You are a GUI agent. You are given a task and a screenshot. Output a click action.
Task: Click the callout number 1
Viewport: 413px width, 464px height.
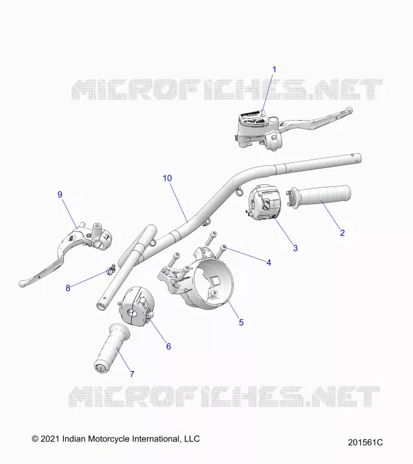point(274,70)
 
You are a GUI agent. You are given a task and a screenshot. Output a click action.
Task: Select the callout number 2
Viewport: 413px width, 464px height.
point(342,233)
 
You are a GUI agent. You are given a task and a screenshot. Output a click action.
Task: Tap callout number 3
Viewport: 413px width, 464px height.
point(295,248)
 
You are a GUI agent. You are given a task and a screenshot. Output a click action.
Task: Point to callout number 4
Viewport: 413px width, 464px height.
point(269,263)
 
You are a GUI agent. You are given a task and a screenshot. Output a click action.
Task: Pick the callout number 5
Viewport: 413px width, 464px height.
point(241,322)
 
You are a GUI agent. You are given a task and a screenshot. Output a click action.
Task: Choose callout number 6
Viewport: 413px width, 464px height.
point(168,346)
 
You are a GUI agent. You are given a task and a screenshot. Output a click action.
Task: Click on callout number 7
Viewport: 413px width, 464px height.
point(132,374)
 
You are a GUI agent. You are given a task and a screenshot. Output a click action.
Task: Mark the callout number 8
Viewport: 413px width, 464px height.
point(68,288)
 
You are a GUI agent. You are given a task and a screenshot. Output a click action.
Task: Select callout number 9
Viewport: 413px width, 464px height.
point(60,194)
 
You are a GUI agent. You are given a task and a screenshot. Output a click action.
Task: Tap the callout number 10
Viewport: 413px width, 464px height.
point(167,178)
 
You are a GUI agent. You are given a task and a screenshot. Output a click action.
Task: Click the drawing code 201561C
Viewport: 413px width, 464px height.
point(365,443)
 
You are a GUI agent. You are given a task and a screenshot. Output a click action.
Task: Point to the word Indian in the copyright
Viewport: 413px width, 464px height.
point(73,438)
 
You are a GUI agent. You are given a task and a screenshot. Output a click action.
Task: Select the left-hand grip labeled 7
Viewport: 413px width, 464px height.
point(112,349)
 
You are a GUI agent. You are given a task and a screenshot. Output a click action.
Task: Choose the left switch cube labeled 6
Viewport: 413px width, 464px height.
point(137,305)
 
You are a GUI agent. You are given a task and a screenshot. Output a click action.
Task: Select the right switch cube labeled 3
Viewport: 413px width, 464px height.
point(264,201)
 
